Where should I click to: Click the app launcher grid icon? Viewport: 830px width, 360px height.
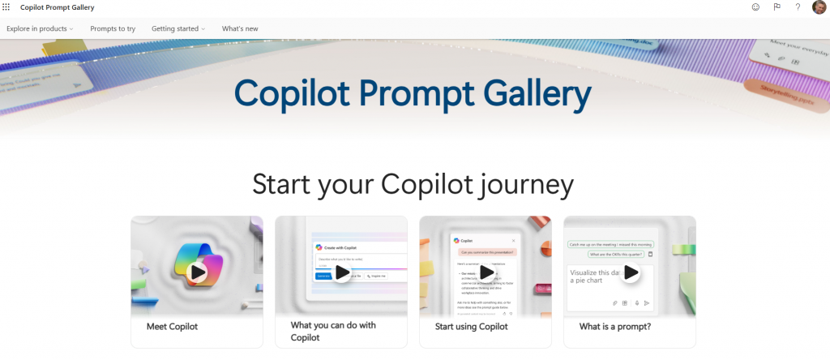tap(7, 7)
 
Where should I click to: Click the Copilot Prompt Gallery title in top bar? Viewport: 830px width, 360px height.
tap(57, 7)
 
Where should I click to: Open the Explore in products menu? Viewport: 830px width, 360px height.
tap(40, 28)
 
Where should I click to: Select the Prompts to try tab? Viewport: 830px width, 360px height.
tap(113, 28)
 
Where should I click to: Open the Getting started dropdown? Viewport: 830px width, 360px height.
tap(178, 28)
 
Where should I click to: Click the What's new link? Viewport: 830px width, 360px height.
tap(240, 28)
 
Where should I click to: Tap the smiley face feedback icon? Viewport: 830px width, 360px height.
tap(755, 7)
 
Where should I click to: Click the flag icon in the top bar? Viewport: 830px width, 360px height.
tap(777, 7)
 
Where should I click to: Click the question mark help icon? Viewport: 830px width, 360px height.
tap(798, 7)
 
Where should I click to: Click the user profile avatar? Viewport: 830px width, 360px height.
tap(819, 7)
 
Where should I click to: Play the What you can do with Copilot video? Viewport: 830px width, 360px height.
tap(342, 272)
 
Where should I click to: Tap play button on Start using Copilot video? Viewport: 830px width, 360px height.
tap(486, 272)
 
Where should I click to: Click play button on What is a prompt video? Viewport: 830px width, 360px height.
tap(631, 272)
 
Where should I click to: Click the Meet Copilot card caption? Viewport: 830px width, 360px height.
tap(172, 327)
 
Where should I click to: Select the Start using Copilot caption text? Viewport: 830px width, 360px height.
tap(472, 327)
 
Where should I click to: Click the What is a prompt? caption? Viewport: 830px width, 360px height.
tap(615, 327)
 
